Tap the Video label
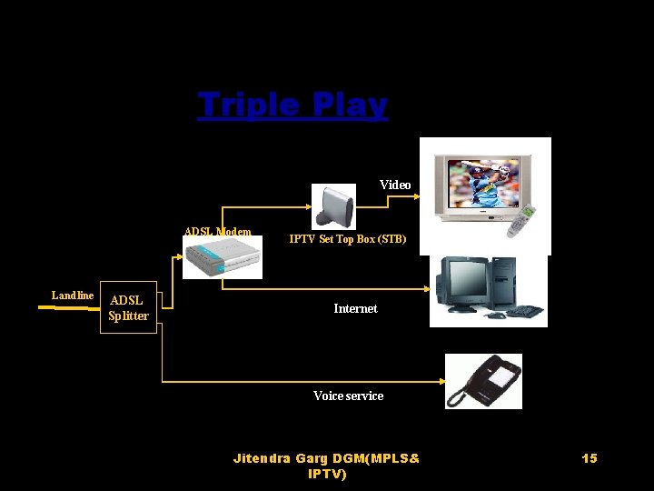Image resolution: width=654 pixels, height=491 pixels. [395, 185]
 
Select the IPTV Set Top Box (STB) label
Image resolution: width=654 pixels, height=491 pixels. [348, 239]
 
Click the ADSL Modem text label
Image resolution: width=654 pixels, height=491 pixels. [218, 231]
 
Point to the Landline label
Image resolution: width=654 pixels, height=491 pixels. [73, 296]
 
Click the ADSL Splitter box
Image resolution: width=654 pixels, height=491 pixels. [128, 308]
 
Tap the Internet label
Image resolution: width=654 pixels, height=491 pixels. [355, 308]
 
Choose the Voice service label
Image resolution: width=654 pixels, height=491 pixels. [348, 396]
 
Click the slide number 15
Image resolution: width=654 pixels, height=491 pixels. [590, 458]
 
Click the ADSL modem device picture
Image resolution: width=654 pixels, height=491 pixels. [222, 259]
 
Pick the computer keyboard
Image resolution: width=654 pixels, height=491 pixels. [524, 311]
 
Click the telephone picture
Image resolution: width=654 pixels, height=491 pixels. [483, 381]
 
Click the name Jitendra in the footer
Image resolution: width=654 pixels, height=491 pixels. [263, 458]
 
